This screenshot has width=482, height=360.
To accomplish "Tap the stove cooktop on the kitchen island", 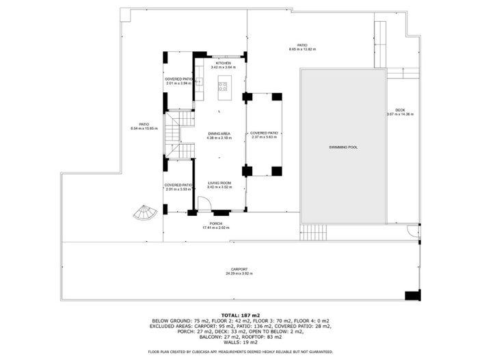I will [223, 85].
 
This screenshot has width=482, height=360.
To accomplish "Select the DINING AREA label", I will [219, 133].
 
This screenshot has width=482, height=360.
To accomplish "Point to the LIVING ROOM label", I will [219, 182].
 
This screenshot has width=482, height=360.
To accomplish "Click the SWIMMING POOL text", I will [343, 147].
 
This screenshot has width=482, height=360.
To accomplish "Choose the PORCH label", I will [216, 223].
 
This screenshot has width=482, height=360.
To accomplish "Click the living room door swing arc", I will [202, 203].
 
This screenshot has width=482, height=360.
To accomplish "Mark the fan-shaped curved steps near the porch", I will [145, 213].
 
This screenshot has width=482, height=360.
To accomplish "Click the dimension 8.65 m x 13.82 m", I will [302, 50].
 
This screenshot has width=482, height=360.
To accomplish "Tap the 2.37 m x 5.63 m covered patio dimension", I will [265, 137].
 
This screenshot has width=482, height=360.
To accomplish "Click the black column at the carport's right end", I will [412, 295].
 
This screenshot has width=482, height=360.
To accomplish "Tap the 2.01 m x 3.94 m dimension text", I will [177, 83].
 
